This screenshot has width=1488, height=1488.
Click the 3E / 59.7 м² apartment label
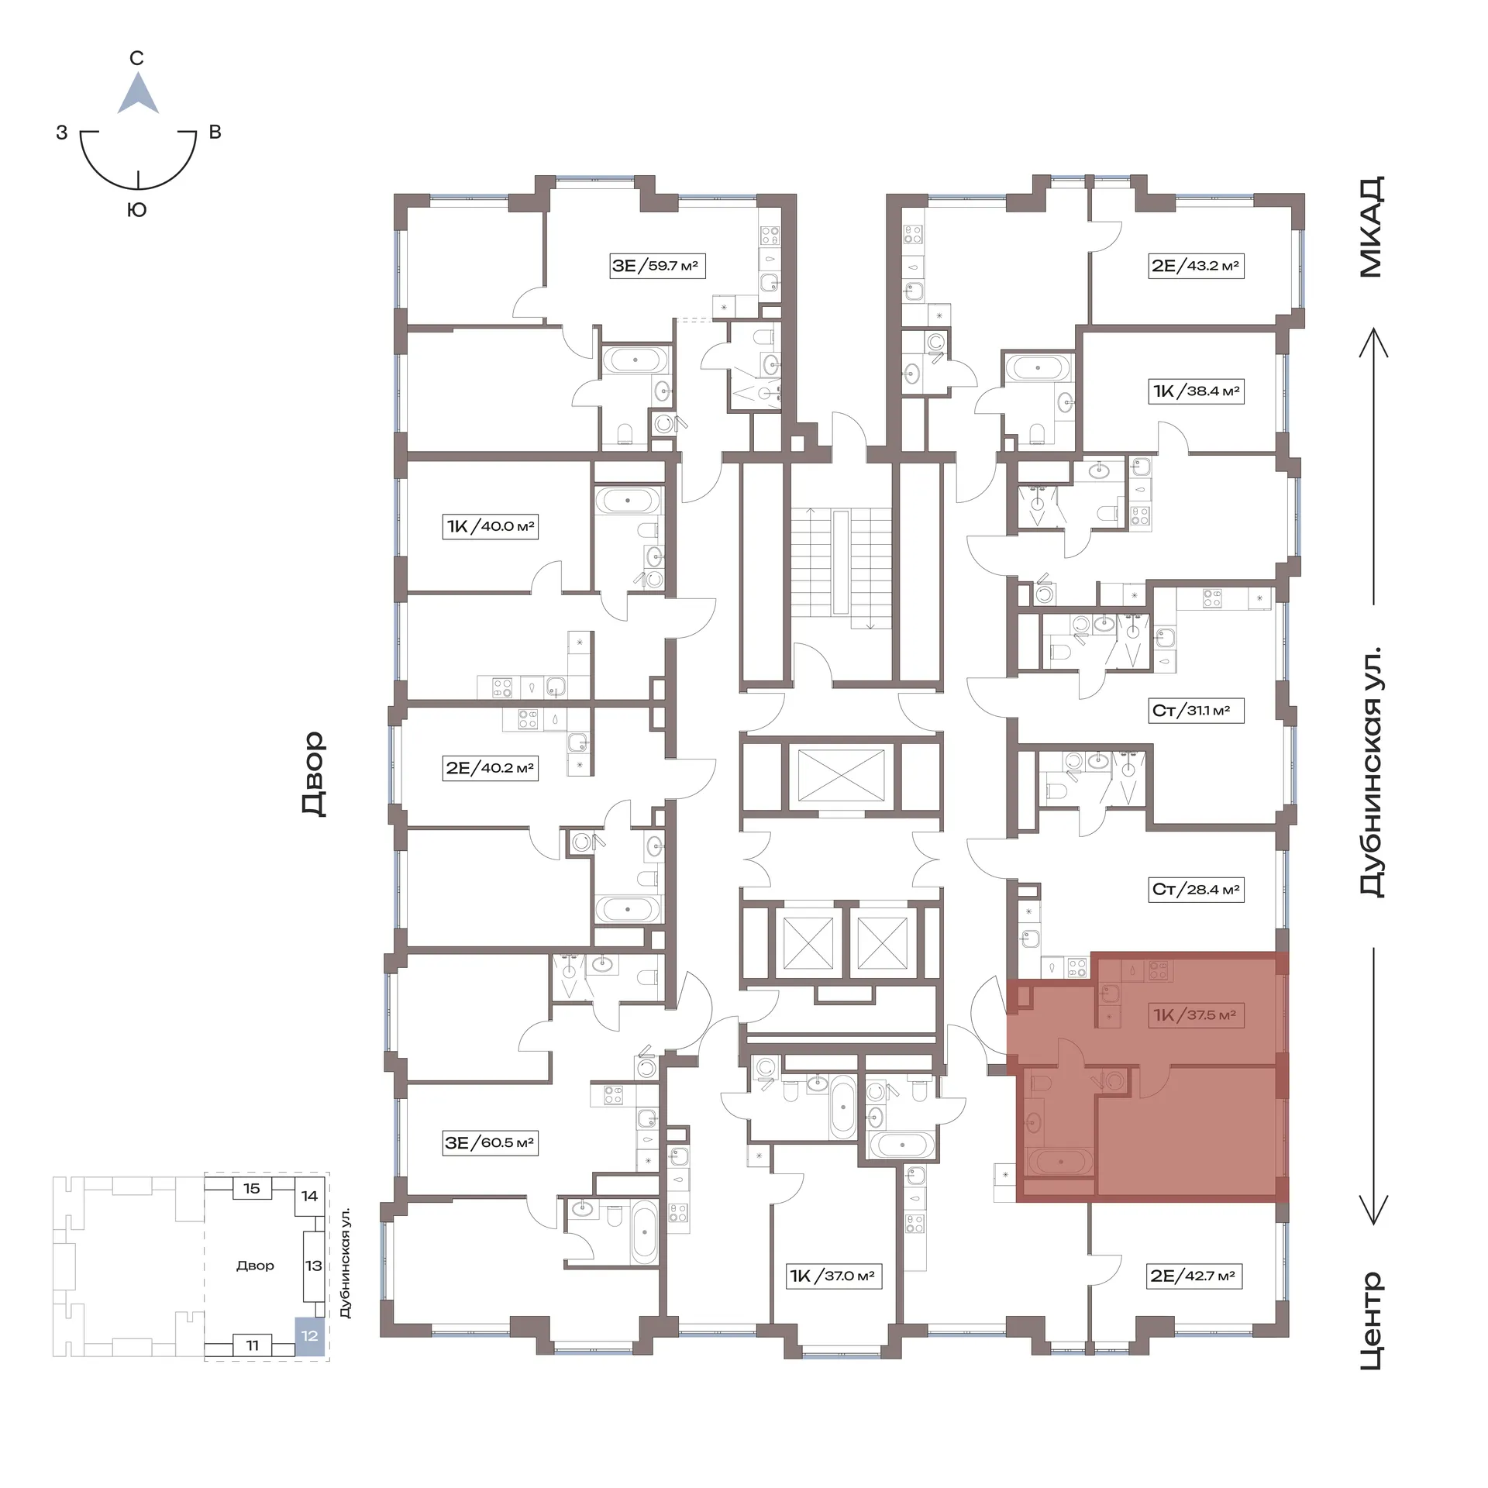(x=656, y=266)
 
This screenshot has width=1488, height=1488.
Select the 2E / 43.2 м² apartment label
(x=1195, y=266)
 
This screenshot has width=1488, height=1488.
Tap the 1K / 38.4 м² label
(x=1197, y=391)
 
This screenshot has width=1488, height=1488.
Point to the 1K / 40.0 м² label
(x=490, y=526)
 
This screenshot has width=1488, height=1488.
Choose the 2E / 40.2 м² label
(x=490, y=768)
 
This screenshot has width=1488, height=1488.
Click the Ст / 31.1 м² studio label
(x=1195, y=710)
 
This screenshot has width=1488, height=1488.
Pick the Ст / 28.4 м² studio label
(x=1195, y=889)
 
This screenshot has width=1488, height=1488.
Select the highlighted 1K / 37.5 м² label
(x=1195, y=1014)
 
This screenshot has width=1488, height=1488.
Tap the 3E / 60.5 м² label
(x=490, y=1142)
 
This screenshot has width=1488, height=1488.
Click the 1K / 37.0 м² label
(x=833, y=1276)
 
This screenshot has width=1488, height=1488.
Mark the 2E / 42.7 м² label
(x=1193, y=1276)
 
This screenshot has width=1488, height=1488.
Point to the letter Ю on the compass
(x=137, y=210)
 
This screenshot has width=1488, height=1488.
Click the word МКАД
(x=1371, y=227)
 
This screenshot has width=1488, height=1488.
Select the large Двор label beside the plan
(x=313, y=773)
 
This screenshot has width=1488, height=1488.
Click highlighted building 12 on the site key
(x=309, y=1335)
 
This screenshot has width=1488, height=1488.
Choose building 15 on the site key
(x=252, y=1189)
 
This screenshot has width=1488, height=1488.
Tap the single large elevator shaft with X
(x=841, y=776)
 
